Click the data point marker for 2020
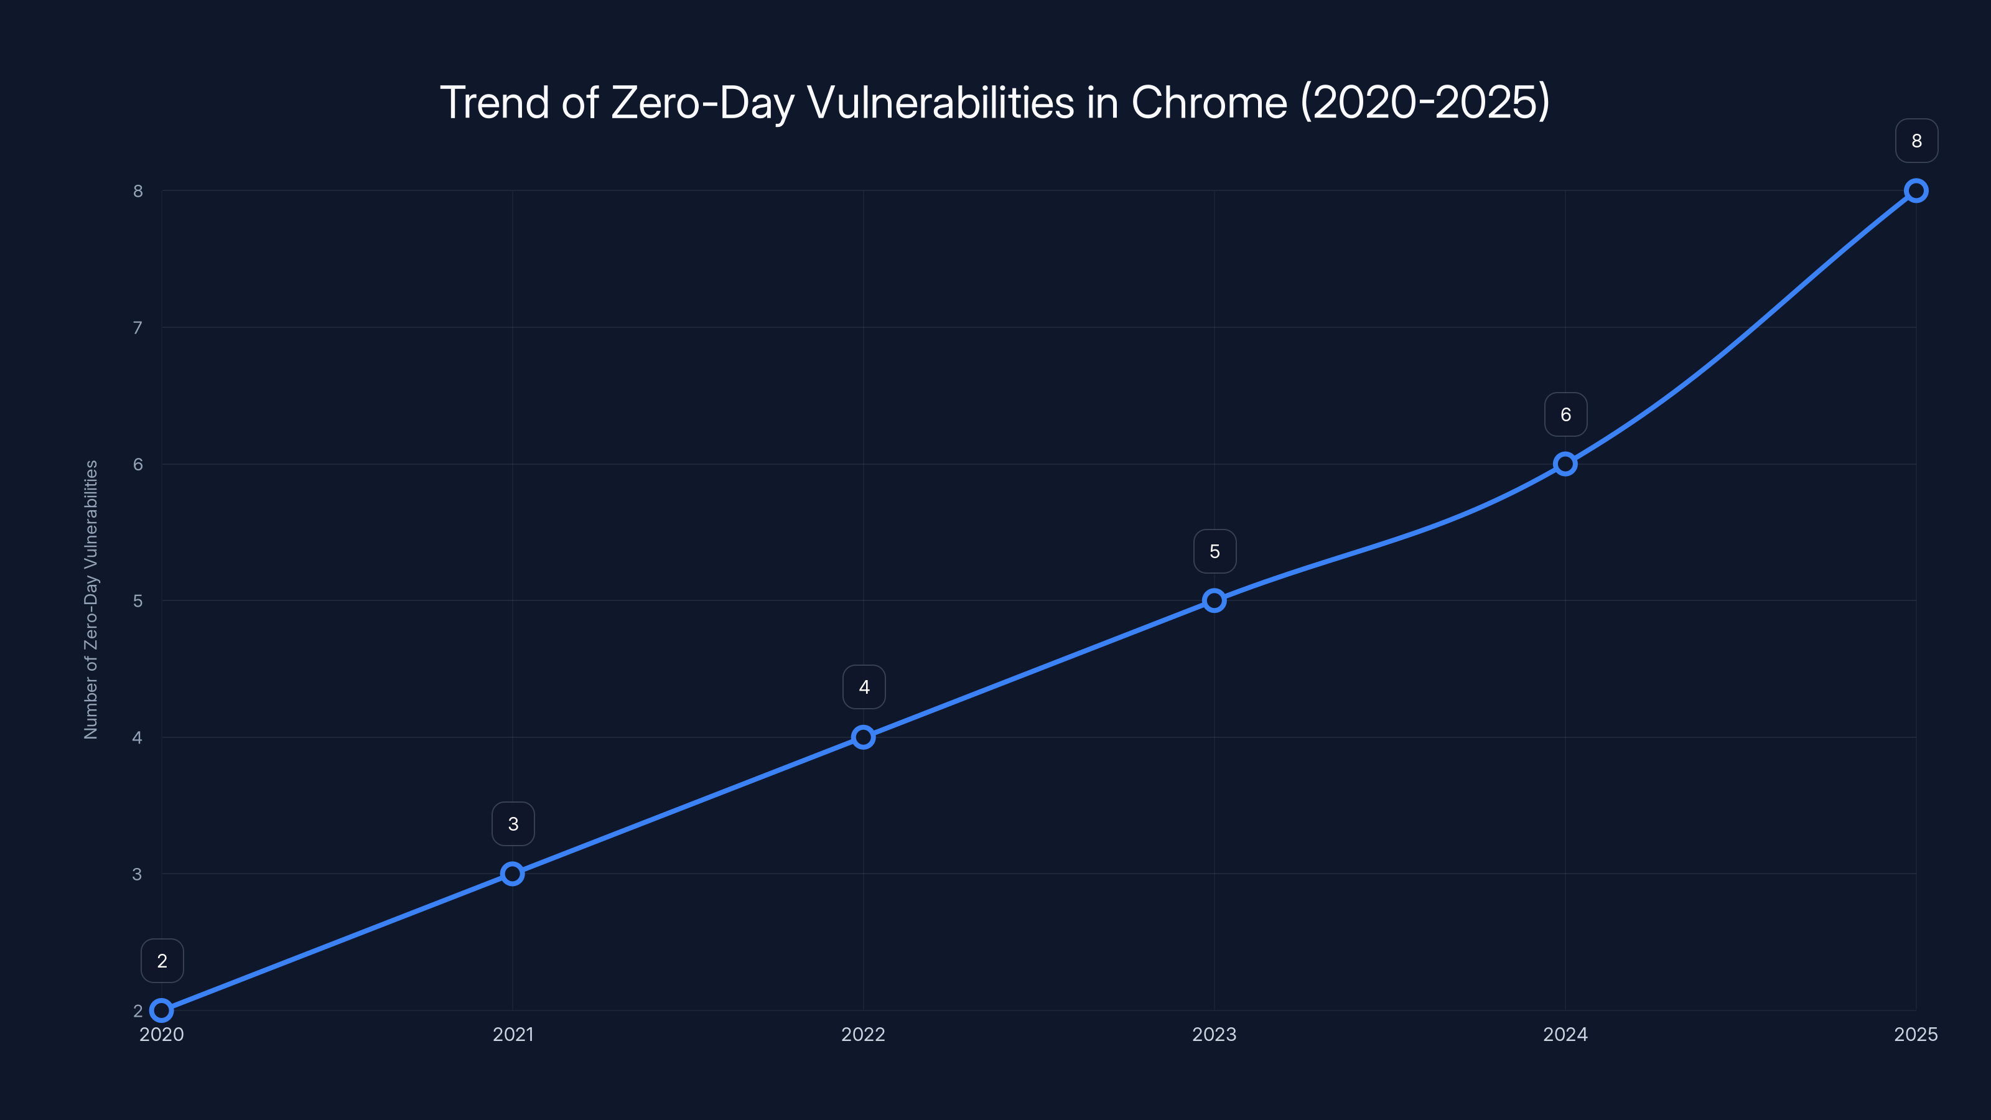(162, 1010)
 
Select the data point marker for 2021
(513, 874)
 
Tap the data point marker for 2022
(864, 737)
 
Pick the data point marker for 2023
(1215, 600)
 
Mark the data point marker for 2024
(1565, 464)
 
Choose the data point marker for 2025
(1916, 191)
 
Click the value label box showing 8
(1916, 141)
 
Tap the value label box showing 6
(1565, 414)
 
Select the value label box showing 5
(1215, 551)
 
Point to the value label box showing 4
(864, 687)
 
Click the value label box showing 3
(513, 824)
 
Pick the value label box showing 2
(162, 961)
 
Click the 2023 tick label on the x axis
(1215, 1034)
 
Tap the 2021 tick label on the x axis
(513, 1034)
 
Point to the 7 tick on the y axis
(138, 328)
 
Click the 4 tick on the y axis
(138, 737)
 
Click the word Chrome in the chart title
(1209, 102)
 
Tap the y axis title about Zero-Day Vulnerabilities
(91, 600)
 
